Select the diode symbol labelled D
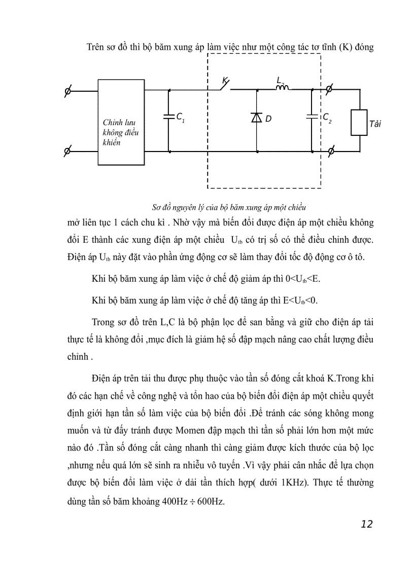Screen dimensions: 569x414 coord(256,118)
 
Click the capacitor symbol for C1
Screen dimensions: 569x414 coord(168,117)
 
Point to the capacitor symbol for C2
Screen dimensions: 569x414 coord(313,117)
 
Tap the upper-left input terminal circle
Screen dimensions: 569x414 coord(67,91)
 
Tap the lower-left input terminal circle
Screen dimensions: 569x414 coord(67,151)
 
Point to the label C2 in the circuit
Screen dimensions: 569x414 coord(327,118)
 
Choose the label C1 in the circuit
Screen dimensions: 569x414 coord(181,118)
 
